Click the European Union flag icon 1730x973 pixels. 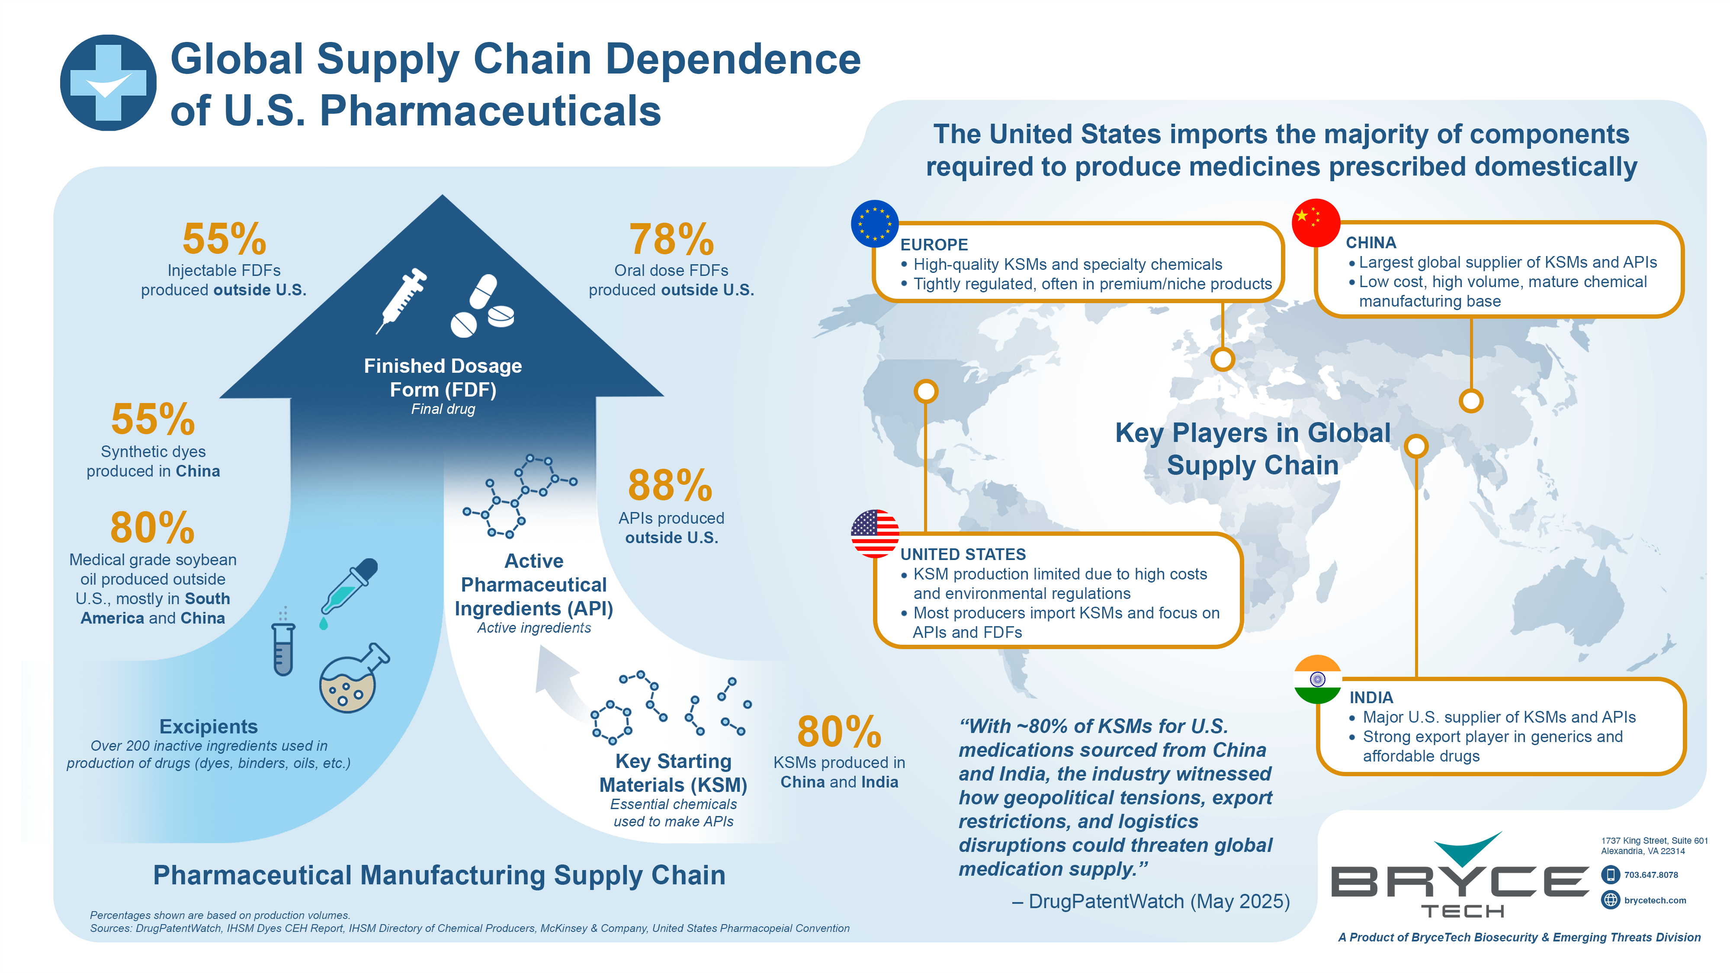(874, 224)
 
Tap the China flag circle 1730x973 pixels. (1316, 222)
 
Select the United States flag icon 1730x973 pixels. (874, 534)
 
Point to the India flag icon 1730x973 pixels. (1317, 679)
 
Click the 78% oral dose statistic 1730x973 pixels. (671, 240)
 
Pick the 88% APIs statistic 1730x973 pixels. (670, 486)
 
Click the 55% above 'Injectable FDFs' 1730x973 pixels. (225, 239)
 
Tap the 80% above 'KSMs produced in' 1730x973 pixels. (839, 732)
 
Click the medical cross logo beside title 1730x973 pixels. (108, 83)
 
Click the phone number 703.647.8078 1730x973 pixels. (1651, 875)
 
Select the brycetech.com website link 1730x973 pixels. (1655, 900)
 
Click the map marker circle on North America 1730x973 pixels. (926, 391)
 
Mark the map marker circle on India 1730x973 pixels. (1415, 446)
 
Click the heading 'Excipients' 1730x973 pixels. (208, 727)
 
